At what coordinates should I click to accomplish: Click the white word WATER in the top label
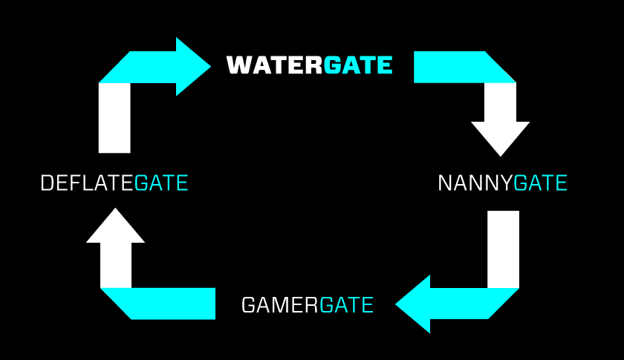tap(275, 65)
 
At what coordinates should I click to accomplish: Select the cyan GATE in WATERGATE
tap(358, 65)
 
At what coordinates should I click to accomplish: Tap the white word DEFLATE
tap(87, 183)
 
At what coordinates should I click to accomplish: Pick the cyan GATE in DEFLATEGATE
tap(161, 183)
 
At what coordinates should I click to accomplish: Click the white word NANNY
tap(475, 183)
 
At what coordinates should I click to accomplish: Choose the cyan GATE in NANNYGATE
tap(540, 183)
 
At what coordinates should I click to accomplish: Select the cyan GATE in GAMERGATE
tap(346, 304)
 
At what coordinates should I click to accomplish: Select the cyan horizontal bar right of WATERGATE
tap(453, 67)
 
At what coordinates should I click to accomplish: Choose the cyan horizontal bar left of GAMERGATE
tap(171, 304)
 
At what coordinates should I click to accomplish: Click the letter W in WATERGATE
tap(239, 65)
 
